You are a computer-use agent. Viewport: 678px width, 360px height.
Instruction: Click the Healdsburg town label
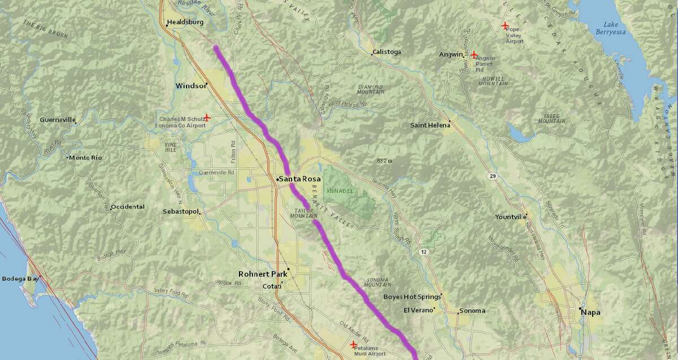coord(185,23)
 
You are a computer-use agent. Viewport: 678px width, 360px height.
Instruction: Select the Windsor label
coord(189,85)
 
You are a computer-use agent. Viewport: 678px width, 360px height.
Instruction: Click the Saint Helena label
coord(430,125)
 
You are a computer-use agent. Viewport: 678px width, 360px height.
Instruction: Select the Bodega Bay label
coord(20,279)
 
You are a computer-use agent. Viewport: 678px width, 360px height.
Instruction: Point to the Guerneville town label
coord(58,120)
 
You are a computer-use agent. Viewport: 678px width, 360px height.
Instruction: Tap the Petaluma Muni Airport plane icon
coord(353,344)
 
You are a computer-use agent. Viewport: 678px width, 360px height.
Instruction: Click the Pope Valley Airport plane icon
coord(505,26)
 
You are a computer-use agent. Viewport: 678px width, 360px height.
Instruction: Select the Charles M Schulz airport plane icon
coord(207,118)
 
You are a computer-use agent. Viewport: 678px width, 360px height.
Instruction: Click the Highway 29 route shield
coord(493,177)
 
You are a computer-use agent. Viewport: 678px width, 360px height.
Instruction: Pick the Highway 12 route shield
coord(423,250)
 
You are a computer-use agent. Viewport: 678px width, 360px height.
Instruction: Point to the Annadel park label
coord(341,191)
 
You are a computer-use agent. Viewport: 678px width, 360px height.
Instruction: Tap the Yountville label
coord(510,217)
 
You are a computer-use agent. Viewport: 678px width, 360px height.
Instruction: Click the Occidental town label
coord(128,207)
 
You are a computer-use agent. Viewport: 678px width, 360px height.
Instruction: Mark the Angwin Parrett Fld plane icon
coord(473,55)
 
